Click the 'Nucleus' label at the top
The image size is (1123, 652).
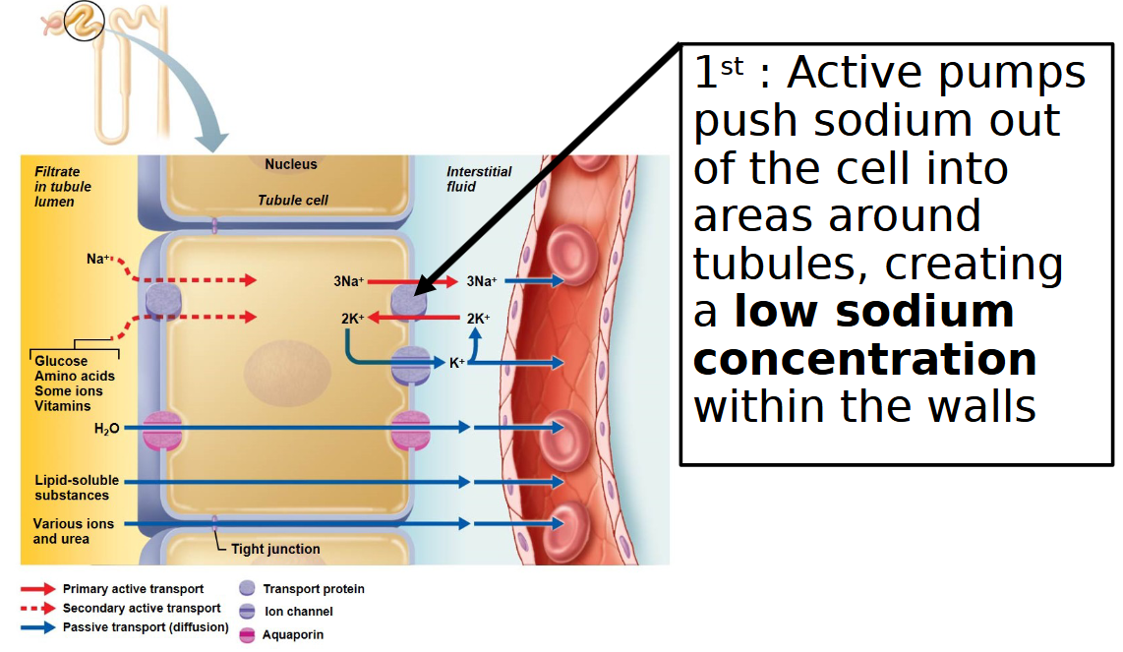coord(290,164)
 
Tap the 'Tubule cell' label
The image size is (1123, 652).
coord(293,200)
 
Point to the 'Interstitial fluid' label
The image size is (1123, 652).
coord(479,178)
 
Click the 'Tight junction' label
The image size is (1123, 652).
coord(275,549)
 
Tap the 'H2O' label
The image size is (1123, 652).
coord(106,429)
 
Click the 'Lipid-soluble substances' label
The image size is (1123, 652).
coord(77,488)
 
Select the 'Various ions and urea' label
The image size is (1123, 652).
coord(74,531)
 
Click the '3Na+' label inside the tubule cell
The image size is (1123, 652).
coord(348,281)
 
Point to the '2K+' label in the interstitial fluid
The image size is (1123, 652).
coord(478,318)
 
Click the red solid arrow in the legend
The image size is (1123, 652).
coord(38,589)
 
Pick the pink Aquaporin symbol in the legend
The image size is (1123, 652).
coord(247,635)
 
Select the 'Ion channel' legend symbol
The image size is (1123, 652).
coord(247,612)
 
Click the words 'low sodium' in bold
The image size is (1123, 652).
coord(874,312)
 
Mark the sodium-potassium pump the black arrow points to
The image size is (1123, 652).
coord(409,300)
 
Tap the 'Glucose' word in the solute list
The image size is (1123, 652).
coord(61,361)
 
